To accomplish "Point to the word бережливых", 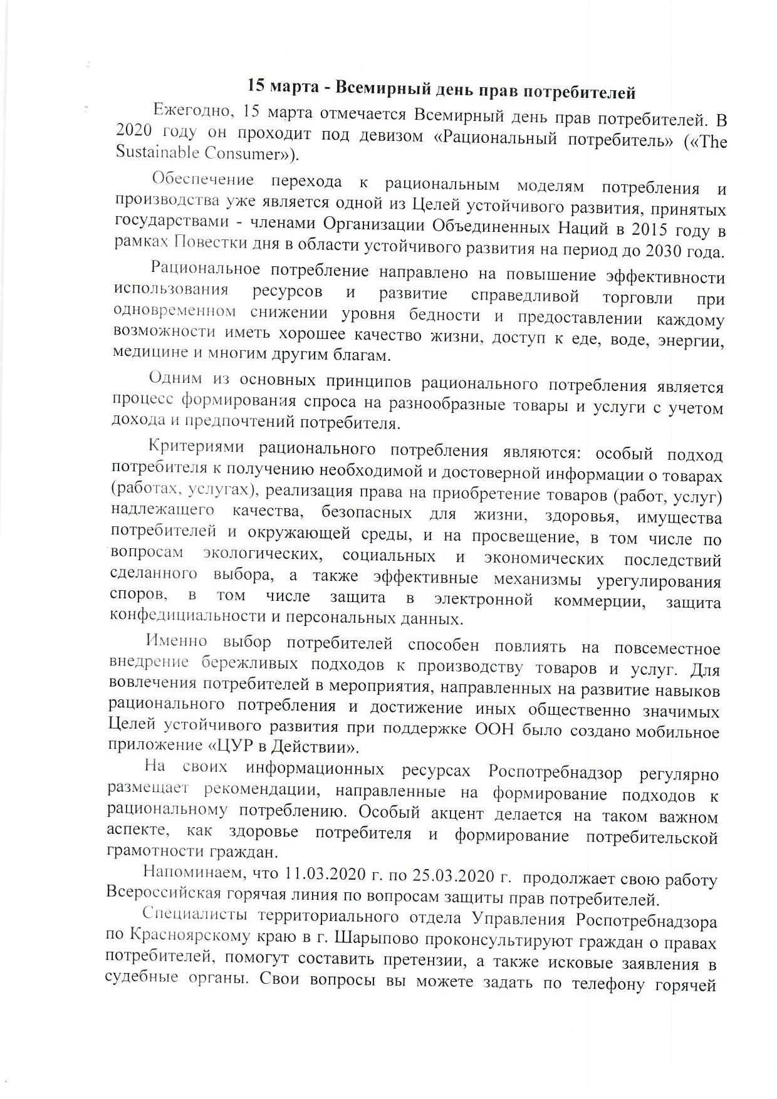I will pyautogui.click(x=239, y=664).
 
